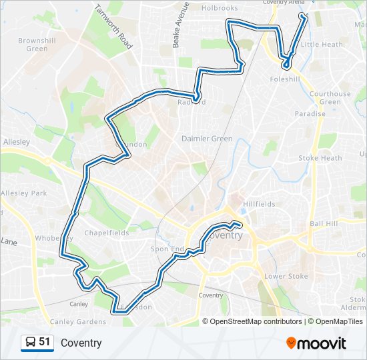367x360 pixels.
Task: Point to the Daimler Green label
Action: tap(207, 139)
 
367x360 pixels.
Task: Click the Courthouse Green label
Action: tap(330, 97)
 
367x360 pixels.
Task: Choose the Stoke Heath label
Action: tap(320, 158)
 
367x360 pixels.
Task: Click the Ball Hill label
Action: tap(324, 224)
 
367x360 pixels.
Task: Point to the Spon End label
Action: tap(167, 249)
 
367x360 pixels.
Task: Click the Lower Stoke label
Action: tap(285, 276)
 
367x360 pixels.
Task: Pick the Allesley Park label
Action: tap(23, 193)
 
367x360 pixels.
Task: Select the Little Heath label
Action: tap(322, 45)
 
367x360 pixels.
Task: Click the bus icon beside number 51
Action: tap(31, 343)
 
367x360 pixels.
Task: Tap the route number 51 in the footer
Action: tap(45, 342)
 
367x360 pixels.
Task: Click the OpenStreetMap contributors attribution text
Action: tap(254, 321)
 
